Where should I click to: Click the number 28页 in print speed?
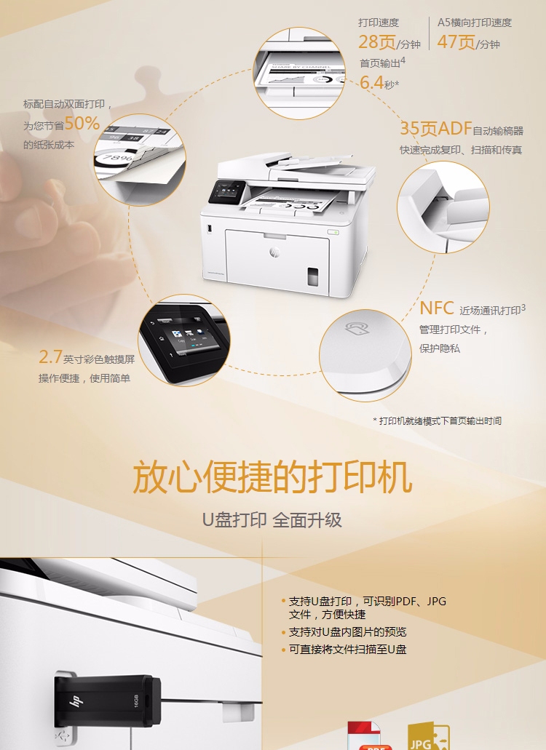(x=377, y=42)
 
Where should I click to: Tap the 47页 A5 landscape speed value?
(x=456, y=42)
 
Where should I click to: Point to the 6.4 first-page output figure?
(x=371, y=82)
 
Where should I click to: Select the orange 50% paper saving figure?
(x=82, y=123)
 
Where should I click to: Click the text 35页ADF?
(x=435, y=129)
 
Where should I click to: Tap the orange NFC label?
(x=437, y=308)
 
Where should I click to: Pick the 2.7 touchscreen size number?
(x=50, y=356)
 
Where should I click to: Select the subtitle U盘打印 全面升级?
(x=272, y=520)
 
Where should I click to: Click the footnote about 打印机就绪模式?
(x=437, y=420)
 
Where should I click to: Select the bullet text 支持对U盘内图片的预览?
(x=347, y=632)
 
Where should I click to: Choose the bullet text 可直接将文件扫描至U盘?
(x=347, y=650)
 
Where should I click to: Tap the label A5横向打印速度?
(x=474, y=23)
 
